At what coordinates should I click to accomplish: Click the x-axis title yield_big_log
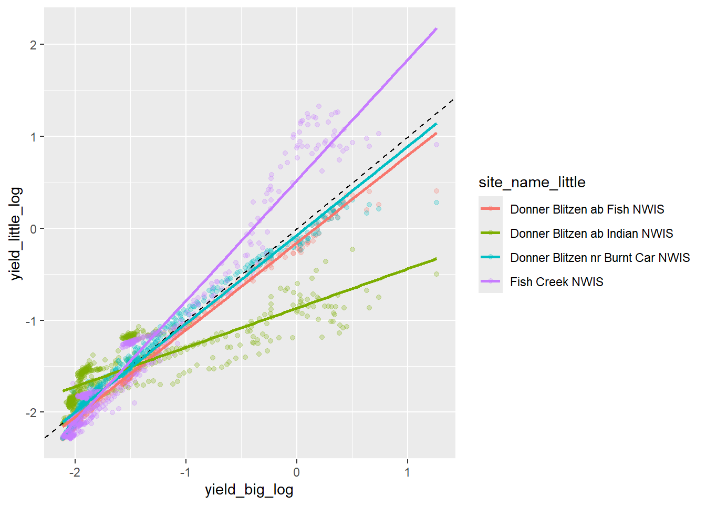249,490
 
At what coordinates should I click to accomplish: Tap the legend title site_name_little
532,183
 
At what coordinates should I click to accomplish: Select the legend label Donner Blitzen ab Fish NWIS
587,209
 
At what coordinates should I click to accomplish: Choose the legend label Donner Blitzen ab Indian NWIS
591,234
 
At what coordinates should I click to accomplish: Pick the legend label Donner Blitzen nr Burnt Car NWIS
600,258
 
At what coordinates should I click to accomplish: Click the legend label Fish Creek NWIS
556,282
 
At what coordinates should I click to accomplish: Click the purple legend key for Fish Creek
491,281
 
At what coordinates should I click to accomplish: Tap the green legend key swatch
491,233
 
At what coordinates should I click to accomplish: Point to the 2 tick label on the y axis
34,45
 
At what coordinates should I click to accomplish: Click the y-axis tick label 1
34,137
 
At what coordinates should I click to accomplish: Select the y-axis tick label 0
34,229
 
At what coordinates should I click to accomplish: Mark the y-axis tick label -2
32,412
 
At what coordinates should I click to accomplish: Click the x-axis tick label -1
185,472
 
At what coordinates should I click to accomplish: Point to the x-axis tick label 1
408,472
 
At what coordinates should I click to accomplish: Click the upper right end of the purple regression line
436,29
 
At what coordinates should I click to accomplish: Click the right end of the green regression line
436,259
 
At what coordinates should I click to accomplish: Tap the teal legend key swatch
491,257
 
